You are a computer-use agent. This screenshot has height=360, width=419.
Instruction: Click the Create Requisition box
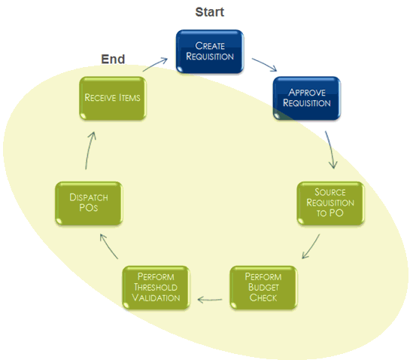tap(209, 52)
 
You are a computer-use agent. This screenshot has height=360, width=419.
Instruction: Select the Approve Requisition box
tap(307, 98)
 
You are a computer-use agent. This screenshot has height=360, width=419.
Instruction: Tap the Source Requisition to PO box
tap(330, 203)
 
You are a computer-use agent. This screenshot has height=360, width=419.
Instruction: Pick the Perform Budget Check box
tap(263, 287)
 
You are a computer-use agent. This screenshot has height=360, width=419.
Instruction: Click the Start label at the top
tap(209, 12)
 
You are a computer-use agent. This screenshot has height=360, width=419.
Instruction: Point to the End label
tap(113, 59)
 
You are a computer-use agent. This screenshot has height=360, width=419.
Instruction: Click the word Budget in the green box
tap(263, 287)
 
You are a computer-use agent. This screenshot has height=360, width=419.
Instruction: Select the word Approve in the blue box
tap(307, 93)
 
